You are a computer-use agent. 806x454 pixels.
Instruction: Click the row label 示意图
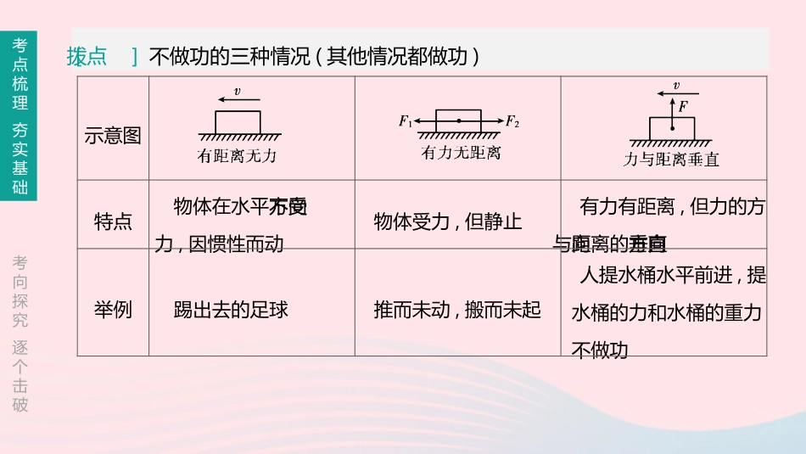[x=113, y=136]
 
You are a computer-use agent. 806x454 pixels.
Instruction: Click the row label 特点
[x=113, y=222]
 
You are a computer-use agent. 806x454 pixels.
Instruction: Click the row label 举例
[x=113, y=309]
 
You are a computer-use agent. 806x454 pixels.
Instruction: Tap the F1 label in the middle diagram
[x=406, y=121]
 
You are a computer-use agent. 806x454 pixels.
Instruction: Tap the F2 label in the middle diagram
[x=512, y=121]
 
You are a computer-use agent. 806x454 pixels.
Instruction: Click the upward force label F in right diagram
[x=682, y=106]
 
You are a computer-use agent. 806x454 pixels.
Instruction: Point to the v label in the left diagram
[x=237, y=91]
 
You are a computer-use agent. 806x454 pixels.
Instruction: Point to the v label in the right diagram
[x=676, y=86]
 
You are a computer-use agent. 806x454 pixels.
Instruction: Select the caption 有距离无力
[x=237, y=155]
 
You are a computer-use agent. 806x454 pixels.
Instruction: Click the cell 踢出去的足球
[x=231, y=309]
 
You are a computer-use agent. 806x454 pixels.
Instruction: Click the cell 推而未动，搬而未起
[x=456, y=309]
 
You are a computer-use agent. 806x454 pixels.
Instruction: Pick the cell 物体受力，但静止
[x=448, y=222]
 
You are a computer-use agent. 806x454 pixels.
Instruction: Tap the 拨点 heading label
[x=87, y=57]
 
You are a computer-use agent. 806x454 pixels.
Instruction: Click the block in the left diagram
[x=237, y=122]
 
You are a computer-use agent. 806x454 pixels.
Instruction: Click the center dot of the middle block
[x=458, y=121]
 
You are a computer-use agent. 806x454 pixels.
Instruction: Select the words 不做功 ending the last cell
[x=599, y=350]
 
